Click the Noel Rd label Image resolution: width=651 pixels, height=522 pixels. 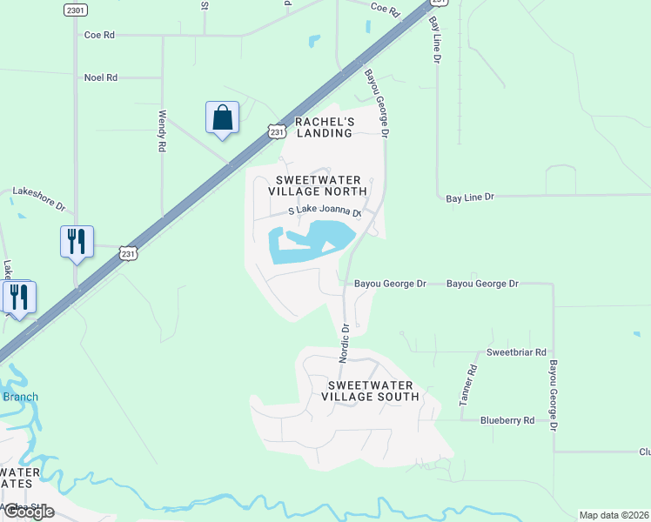101,77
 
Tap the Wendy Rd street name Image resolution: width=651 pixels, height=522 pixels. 162,131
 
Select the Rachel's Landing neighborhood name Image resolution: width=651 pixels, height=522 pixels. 324,127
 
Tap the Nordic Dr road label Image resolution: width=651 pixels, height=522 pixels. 345,343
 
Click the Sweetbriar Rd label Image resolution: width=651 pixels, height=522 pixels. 516,352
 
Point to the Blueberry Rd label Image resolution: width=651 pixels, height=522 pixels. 507,420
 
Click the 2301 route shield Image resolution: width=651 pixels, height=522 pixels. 76,10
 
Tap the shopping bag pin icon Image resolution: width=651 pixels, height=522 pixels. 222,117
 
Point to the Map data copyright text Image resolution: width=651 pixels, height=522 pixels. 614,515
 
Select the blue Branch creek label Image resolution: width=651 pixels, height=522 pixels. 20,398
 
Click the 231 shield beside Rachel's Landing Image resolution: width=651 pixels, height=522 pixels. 277,131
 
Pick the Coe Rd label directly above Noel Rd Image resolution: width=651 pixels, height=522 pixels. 99,36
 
